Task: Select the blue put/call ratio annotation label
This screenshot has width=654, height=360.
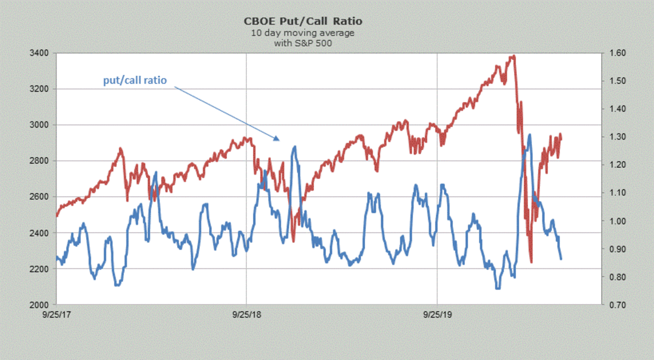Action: click(135, 80)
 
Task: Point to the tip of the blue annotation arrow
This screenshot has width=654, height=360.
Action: click(279, 140)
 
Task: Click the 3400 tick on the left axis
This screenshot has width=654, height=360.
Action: click(41, 53)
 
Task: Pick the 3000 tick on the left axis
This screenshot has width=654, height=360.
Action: click(41, 125)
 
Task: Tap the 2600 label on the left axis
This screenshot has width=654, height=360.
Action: click(41, 197)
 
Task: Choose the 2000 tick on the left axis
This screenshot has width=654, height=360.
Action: click(41, 304)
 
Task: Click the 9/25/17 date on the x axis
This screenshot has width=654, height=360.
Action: click(57, 315)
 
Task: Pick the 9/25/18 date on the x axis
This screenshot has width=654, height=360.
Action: click(246, 315)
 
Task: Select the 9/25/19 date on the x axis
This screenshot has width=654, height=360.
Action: click(438, 315)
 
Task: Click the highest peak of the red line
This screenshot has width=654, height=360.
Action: click(513, 56)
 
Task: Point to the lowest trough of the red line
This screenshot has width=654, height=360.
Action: click(531, 263)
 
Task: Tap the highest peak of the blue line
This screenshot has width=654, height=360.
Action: click(530, 135)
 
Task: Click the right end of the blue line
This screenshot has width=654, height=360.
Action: click(561, 259)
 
